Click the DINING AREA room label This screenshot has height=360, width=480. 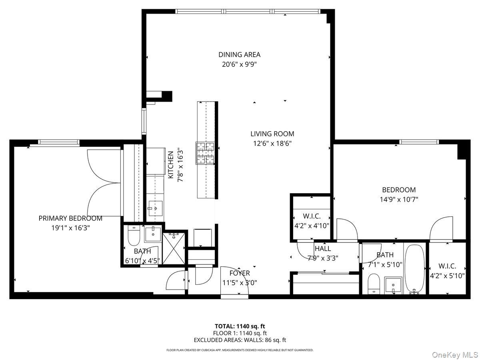pos(239,55)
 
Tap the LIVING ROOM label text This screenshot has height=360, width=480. pos(272,134)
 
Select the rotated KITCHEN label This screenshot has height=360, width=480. pos(171,164)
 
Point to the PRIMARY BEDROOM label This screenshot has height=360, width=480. pos(70,218)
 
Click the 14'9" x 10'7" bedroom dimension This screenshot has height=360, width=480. pos(398,199)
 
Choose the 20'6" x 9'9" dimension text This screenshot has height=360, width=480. pos(239,64)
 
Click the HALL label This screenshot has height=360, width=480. pos(322,249)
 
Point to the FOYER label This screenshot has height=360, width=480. pos(240,273)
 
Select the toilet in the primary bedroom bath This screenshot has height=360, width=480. pos(133,236)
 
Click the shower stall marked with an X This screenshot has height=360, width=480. pos(174,248)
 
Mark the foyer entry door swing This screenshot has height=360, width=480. pos(234,282)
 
